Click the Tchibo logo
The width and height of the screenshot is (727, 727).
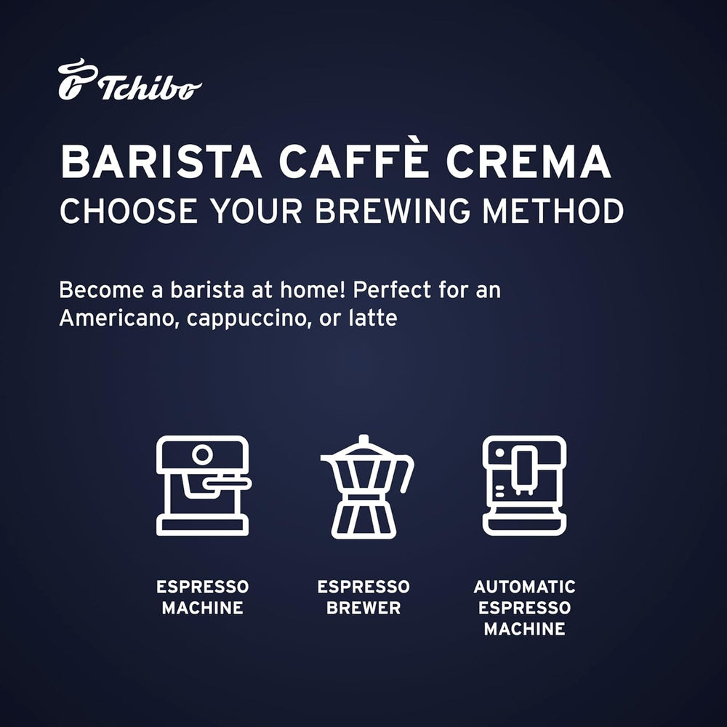tap(129, 81)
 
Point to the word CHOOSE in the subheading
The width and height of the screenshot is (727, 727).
tap(127, 211)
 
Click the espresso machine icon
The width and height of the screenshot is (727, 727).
tap(203, 486)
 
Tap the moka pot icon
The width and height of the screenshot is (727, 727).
tap(366, 487)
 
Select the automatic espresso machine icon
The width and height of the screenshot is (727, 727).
tap(524, 486)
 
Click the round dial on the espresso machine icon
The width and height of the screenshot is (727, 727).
tap(202, 455)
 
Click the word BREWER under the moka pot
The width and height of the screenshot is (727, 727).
tap(363, 608)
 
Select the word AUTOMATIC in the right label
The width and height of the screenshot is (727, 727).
tap(524, 587)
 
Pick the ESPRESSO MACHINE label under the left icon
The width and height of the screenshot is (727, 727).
tap(203, 598)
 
